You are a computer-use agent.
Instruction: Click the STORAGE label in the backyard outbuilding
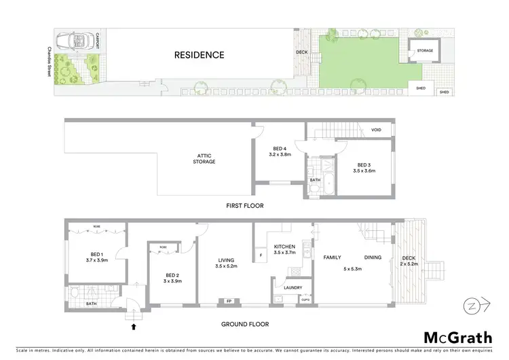click(x=425, y=50)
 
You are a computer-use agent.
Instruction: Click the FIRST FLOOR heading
click(x=246, y=205)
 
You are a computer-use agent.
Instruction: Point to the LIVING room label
click(x=225, y=259)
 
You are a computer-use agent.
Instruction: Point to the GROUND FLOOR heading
click(x=244, y=325)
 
